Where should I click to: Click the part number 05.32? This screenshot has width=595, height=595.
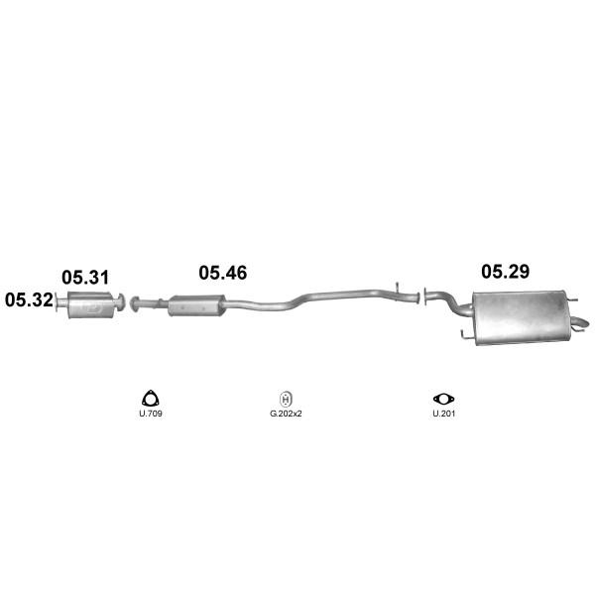(29, 300)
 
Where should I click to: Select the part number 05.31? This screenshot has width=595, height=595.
(85, 278)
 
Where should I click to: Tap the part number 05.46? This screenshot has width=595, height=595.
(223, 273)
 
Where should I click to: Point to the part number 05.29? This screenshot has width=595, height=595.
(506, 272)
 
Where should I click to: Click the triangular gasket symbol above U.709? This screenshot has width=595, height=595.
(151, 399)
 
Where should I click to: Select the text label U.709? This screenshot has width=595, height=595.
(151, 414)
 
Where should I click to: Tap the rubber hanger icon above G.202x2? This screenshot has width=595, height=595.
(286, 400)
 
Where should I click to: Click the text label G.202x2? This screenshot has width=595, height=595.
(286, 414)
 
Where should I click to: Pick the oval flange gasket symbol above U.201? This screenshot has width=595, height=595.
(443, 399)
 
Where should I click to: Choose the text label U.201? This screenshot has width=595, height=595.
(443, 414)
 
